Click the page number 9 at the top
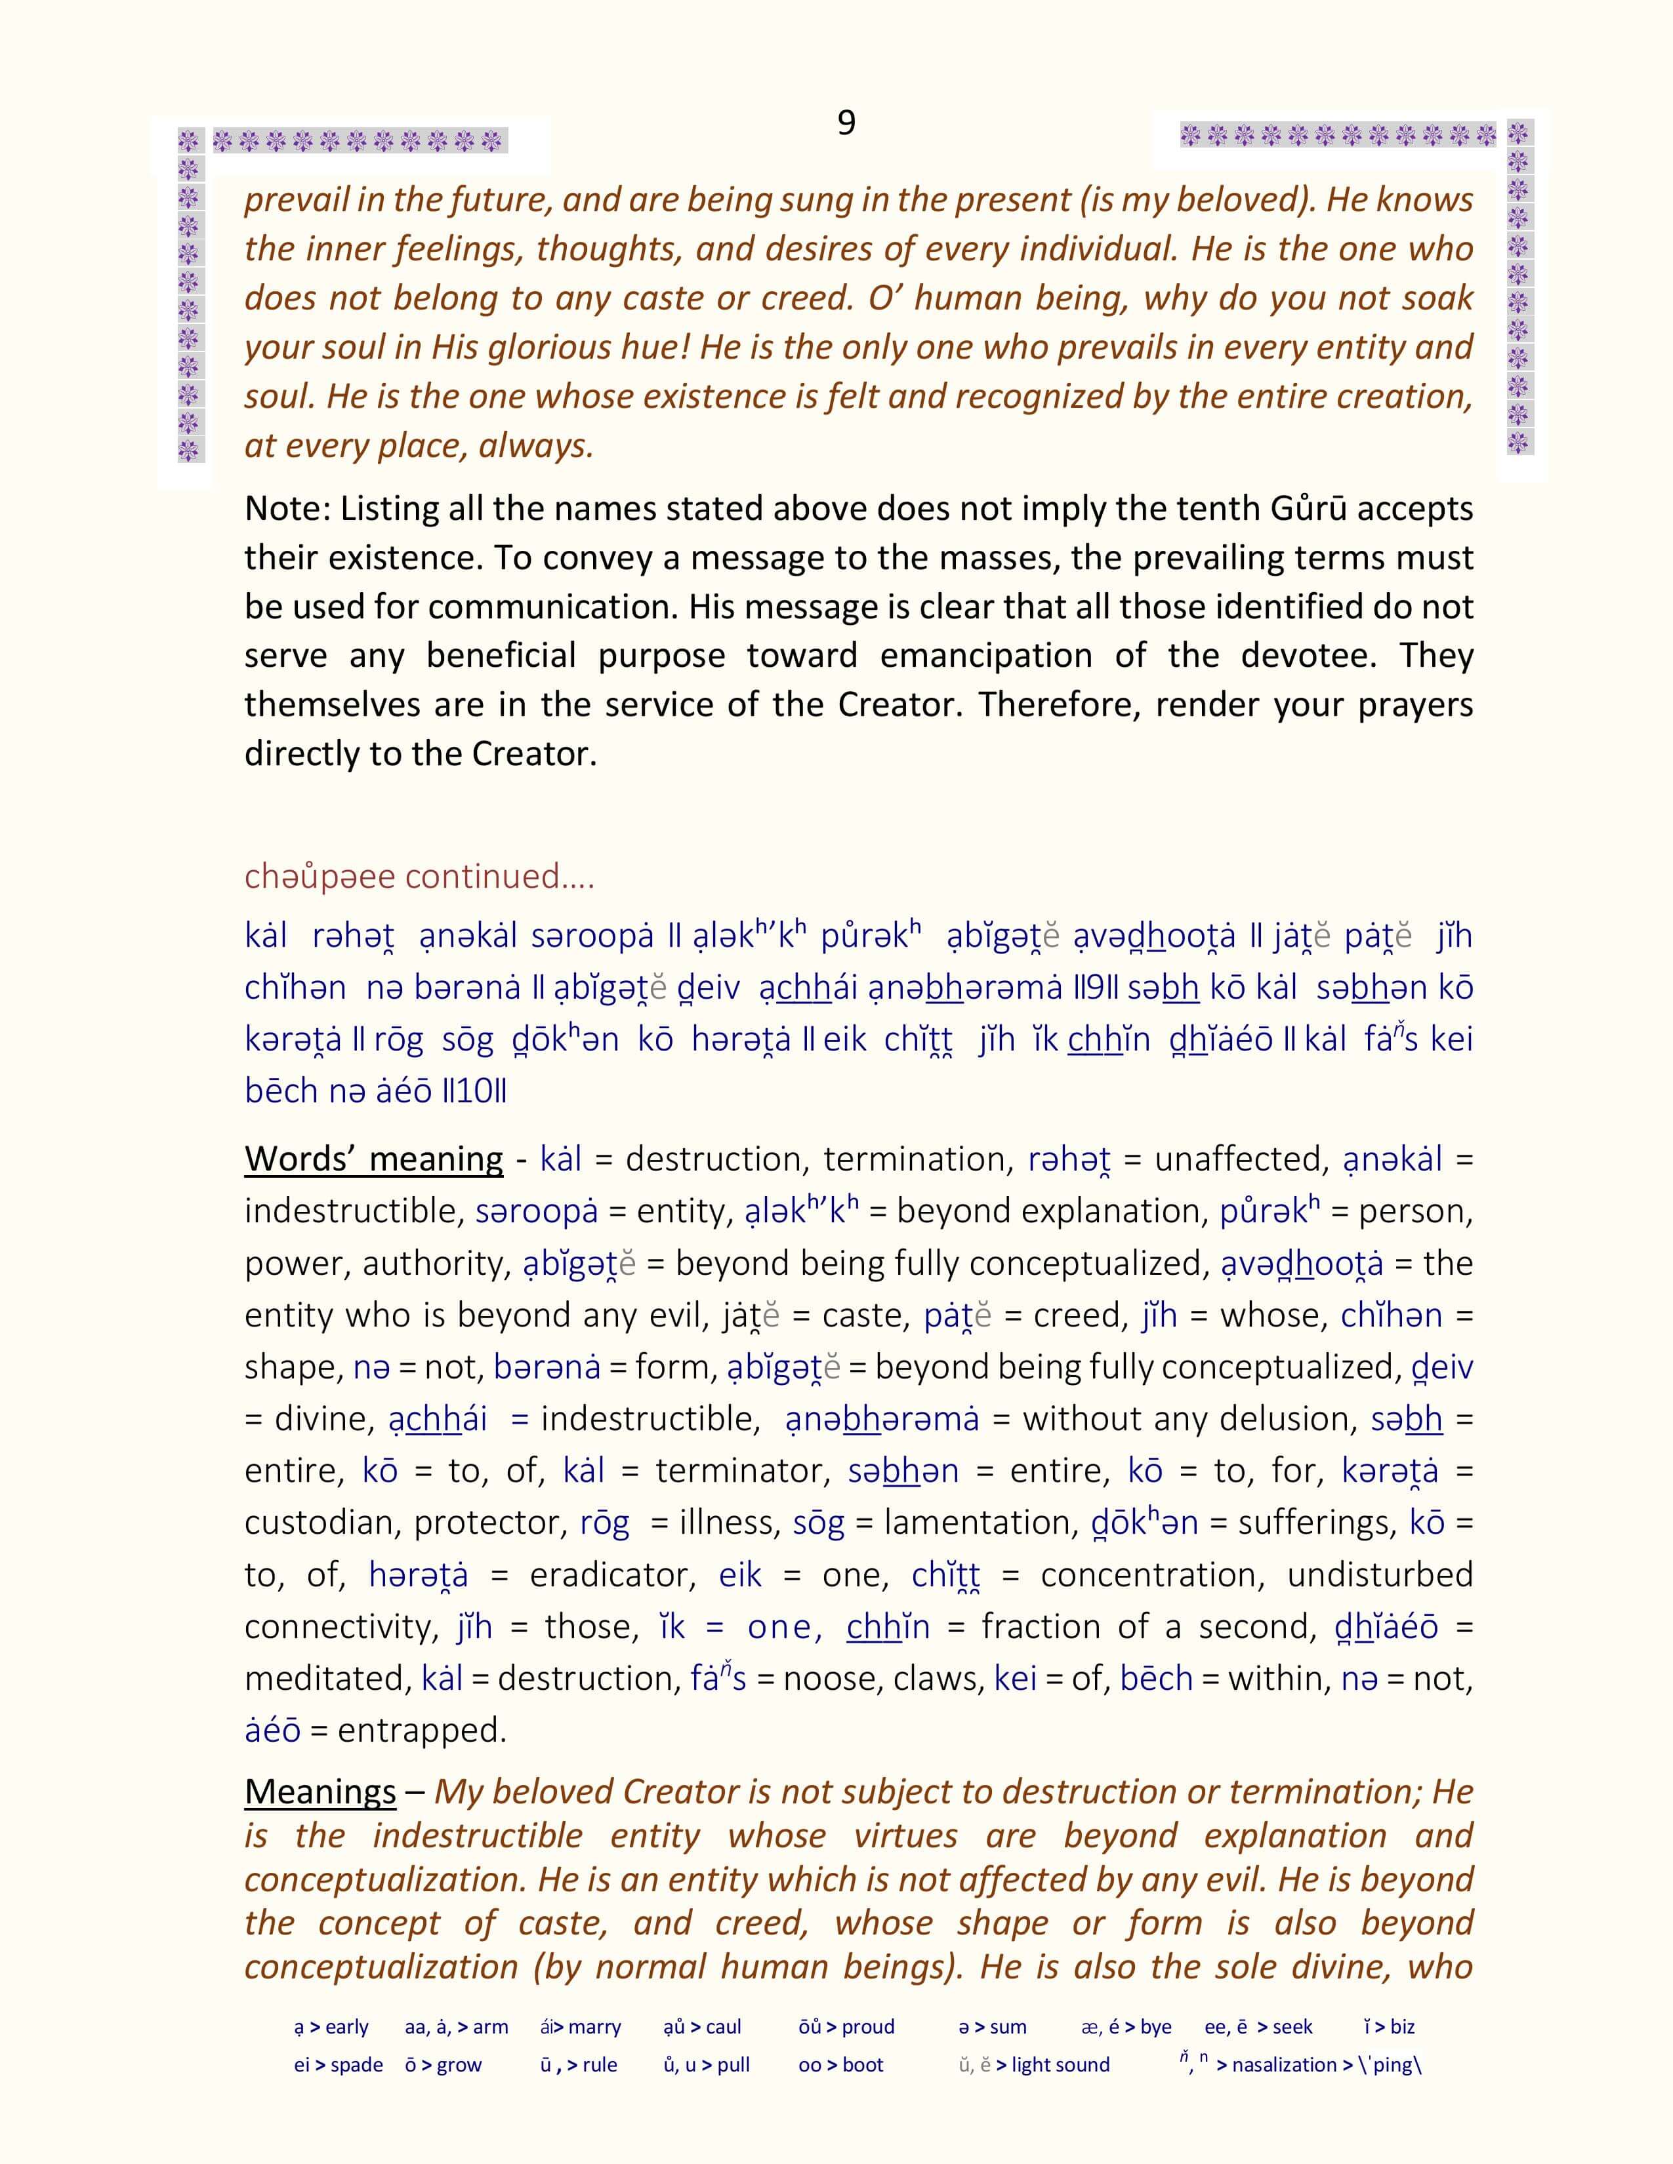[846, 123]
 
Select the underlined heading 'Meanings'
[320, 1792]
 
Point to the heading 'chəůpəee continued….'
[419, 876]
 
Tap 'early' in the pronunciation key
[347, 2027]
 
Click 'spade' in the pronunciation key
[357, 2065]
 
